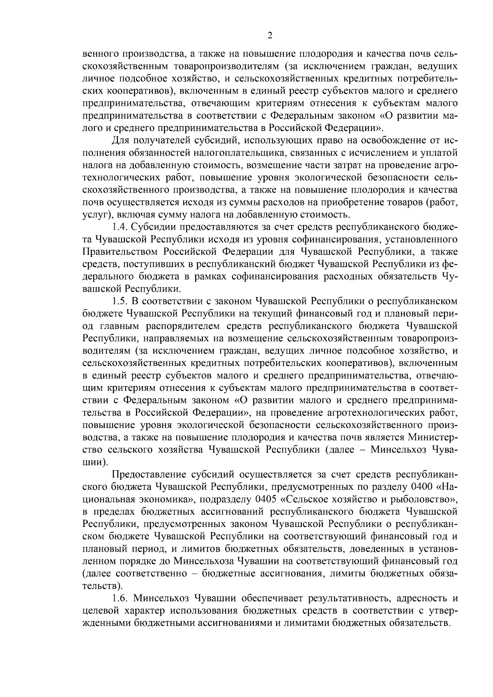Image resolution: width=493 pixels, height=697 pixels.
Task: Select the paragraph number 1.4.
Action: click(120, 227)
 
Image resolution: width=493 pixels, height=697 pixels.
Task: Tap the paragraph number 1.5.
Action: click(120, 301)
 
